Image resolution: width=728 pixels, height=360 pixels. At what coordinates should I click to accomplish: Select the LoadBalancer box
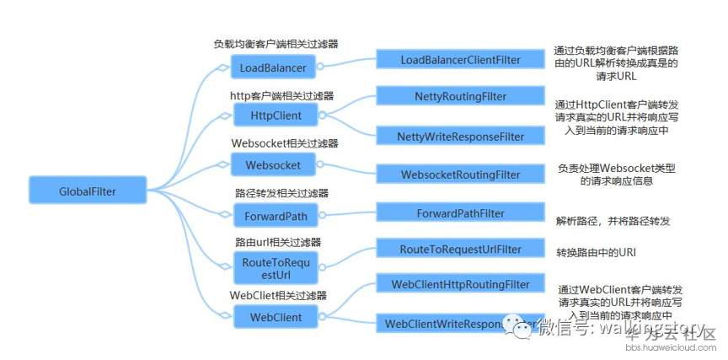pos(271,67)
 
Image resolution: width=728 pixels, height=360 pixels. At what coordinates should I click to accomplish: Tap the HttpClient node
pos(271,114)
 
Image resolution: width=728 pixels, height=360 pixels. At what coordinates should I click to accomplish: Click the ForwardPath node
pos(271,215)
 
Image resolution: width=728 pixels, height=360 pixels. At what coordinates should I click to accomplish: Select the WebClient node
pos(271,317)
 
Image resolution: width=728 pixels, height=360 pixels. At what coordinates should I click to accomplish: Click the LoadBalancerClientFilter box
pos(460,60)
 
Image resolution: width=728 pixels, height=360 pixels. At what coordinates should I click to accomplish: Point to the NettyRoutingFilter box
pos(460,97)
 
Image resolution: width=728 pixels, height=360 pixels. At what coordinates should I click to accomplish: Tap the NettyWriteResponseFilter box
pos(460,136)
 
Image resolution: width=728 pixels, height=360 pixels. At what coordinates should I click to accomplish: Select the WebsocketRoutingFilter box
pos(460,175)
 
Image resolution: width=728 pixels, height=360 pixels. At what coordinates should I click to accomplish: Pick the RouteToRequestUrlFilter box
pos(460,249)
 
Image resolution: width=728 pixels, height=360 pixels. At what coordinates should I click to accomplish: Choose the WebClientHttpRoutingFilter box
pos(460,284)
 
